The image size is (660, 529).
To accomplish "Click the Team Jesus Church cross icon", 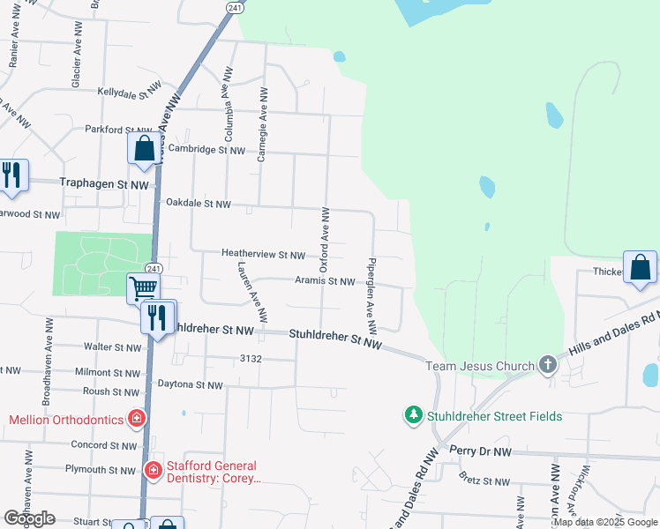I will point(547,365).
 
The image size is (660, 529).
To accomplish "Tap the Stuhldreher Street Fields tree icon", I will point(413,414).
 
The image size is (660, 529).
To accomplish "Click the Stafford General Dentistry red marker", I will point(154,471).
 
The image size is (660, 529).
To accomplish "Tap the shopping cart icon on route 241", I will point(143,287).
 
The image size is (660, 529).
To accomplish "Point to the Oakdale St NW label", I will point(199,204).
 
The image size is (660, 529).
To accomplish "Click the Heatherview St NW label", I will point(263,255).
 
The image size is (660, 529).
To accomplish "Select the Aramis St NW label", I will point(325,281).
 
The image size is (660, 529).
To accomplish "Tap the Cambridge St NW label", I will point(206,150).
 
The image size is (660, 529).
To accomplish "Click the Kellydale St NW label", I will point(132,92).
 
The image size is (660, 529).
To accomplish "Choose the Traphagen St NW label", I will point(104,184).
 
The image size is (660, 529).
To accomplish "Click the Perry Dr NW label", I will point(480,451).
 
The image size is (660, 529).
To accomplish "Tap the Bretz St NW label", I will point(484,481).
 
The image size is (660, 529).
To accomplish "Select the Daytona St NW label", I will point(190,385).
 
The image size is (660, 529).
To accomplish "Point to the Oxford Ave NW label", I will point(326,234).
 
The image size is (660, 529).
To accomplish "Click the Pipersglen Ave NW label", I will point(371,294).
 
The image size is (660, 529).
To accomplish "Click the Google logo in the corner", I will point(29,518).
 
